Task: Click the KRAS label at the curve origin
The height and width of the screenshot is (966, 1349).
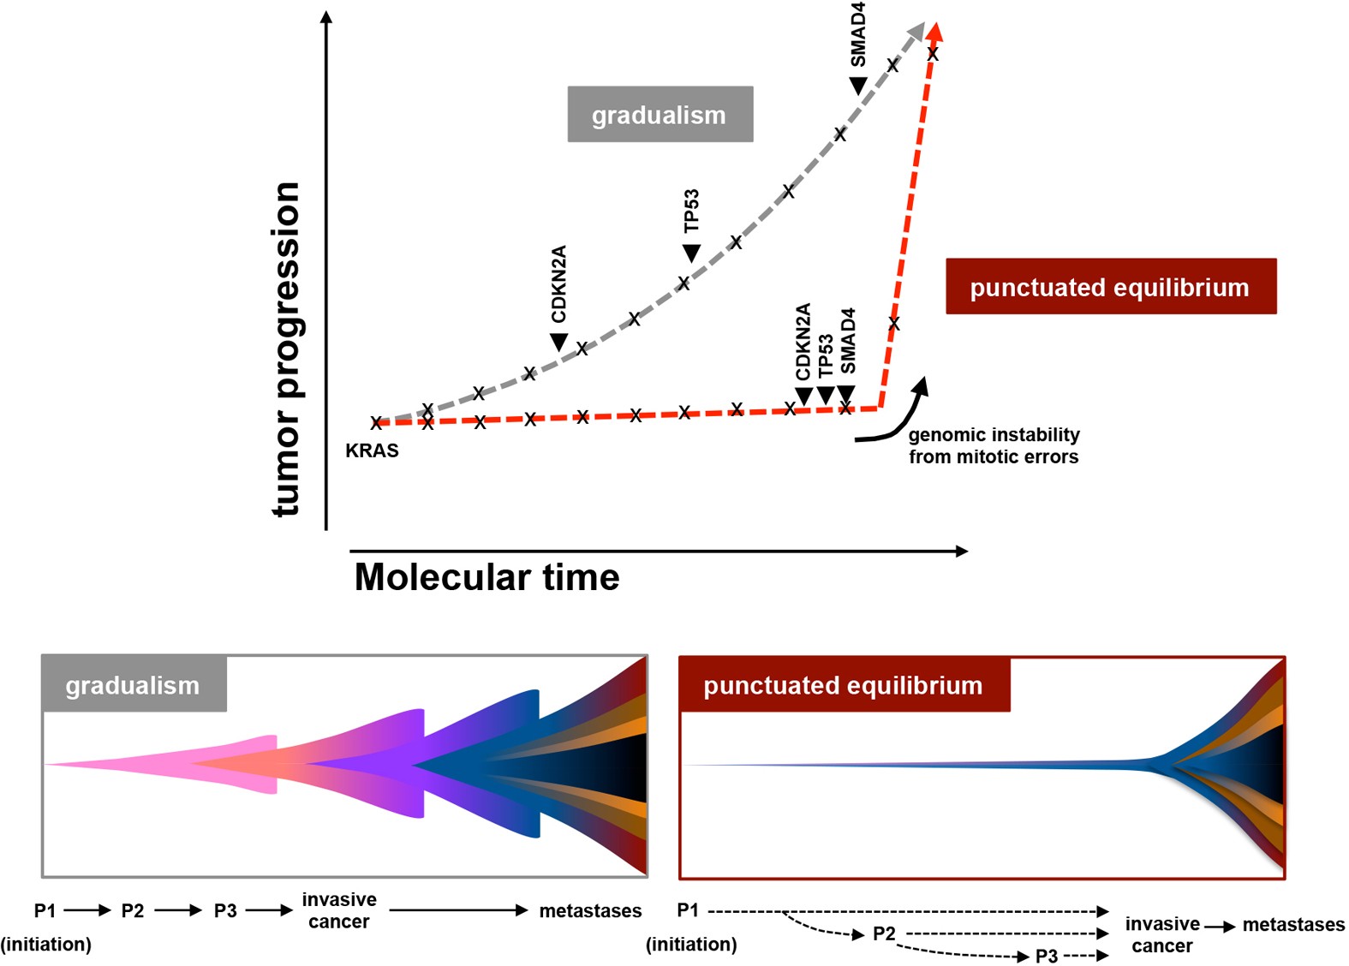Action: point(372,450)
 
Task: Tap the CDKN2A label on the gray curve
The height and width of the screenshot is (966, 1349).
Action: point(558,284)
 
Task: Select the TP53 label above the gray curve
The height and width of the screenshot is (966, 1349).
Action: point(691,211)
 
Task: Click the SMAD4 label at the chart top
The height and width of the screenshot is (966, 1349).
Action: point(857,34)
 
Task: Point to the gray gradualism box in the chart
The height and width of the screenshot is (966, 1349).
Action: point(660,114)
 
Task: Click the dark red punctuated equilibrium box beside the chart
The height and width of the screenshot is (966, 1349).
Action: point(1110,286)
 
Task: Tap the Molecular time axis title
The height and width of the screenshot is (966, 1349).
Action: point(486,577)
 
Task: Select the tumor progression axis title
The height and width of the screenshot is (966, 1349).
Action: point(287,349)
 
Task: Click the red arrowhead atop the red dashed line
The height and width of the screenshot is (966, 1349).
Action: point(935,31)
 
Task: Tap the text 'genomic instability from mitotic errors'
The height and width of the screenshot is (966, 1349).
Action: point(994,445)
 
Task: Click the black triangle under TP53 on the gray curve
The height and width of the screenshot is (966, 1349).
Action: point(691,253)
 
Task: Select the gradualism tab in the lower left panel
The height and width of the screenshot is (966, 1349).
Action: point(133,685)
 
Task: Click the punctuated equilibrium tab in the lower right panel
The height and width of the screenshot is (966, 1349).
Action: point(843,685)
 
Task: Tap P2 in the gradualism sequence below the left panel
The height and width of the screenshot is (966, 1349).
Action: point(133,911)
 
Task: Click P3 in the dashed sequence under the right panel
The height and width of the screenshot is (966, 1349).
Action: point(1047,956)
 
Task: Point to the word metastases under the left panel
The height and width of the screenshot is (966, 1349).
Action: point(590,911)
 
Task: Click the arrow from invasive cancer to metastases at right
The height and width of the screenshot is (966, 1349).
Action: point(1221,927)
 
